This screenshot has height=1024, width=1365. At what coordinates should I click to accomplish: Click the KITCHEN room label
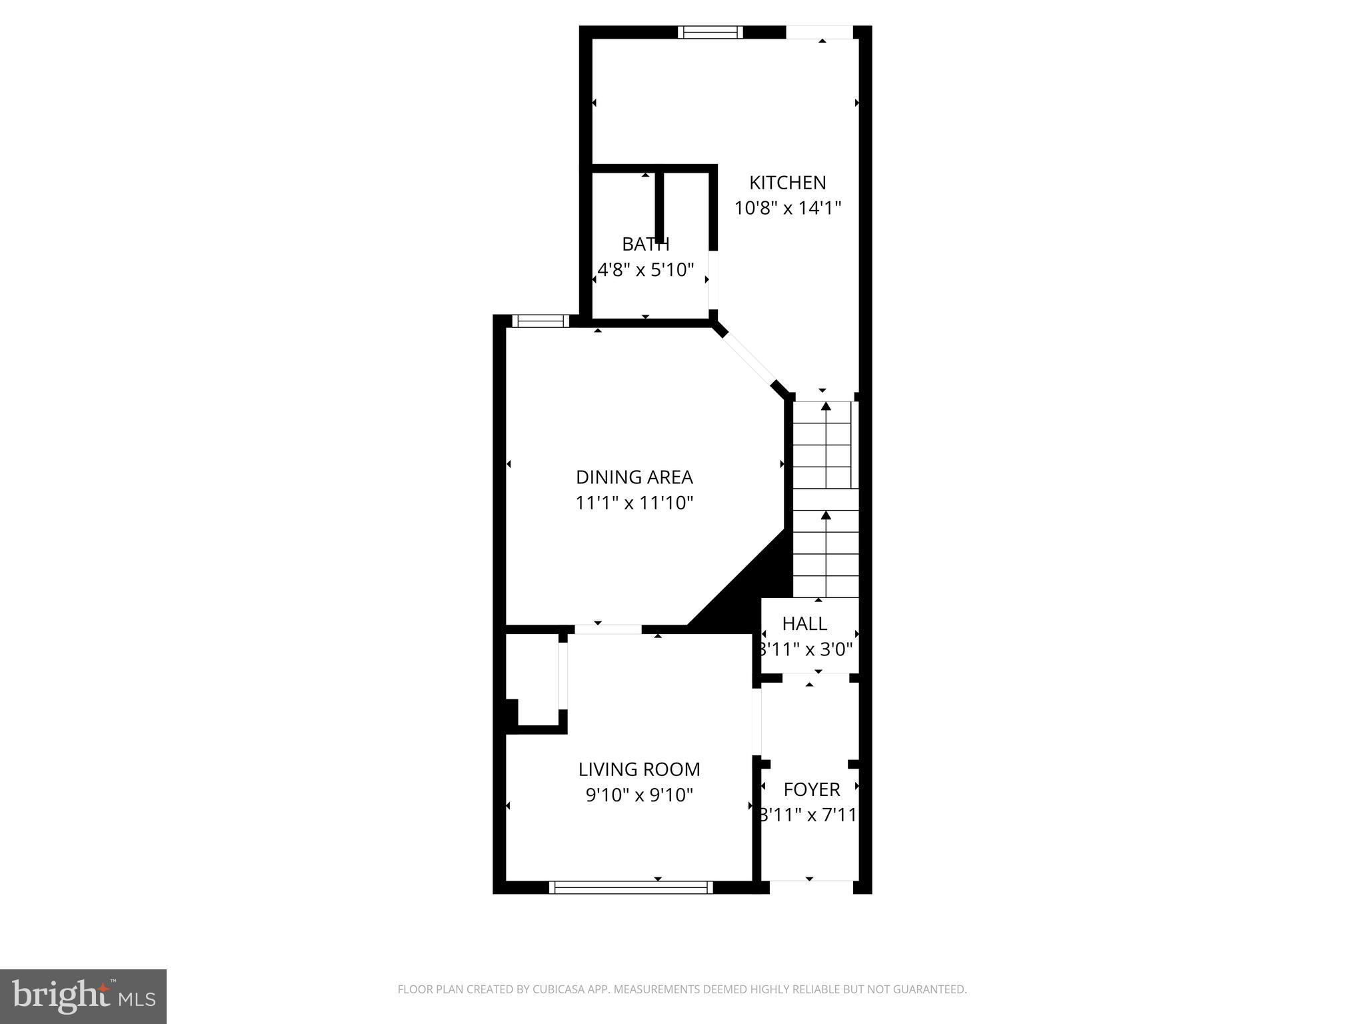point(787,183)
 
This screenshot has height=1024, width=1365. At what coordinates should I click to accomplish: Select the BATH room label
point(645,245)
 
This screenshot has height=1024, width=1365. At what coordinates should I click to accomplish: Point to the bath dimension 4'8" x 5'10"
point(645,270)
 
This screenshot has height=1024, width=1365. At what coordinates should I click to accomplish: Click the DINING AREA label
point(634,477)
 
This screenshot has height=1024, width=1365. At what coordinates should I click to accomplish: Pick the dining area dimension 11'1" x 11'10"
point(634,503)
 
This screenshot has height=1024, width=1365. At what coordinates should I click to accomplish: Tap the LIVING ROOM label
point(639,769)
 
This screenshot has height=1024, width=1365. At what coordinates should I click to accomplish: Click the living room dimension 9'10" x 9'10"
point(639,795)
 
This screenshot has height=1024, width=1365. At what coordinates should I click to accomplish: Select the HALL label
point(804,624)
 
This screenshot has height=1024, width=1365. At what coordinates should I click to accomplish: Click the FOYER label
point(811,789)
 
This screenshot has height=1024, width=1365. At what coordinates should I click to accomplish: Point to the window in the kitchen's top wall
point(710,32)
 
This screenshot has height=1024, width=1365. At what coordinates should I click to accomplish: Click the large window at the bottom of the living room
point(631,887)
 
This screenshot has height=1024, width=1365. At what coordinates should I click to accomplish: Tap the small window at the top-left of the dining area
point(541,321)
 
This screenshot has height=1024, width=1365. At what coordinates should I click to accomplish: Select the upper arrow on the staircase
point(826,406)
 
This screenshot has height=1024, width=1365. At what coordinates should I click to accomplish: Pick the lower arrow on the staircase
point(826,515)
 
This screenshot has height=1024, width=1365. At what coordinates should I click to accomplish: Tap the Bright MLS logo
point(83,996)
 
